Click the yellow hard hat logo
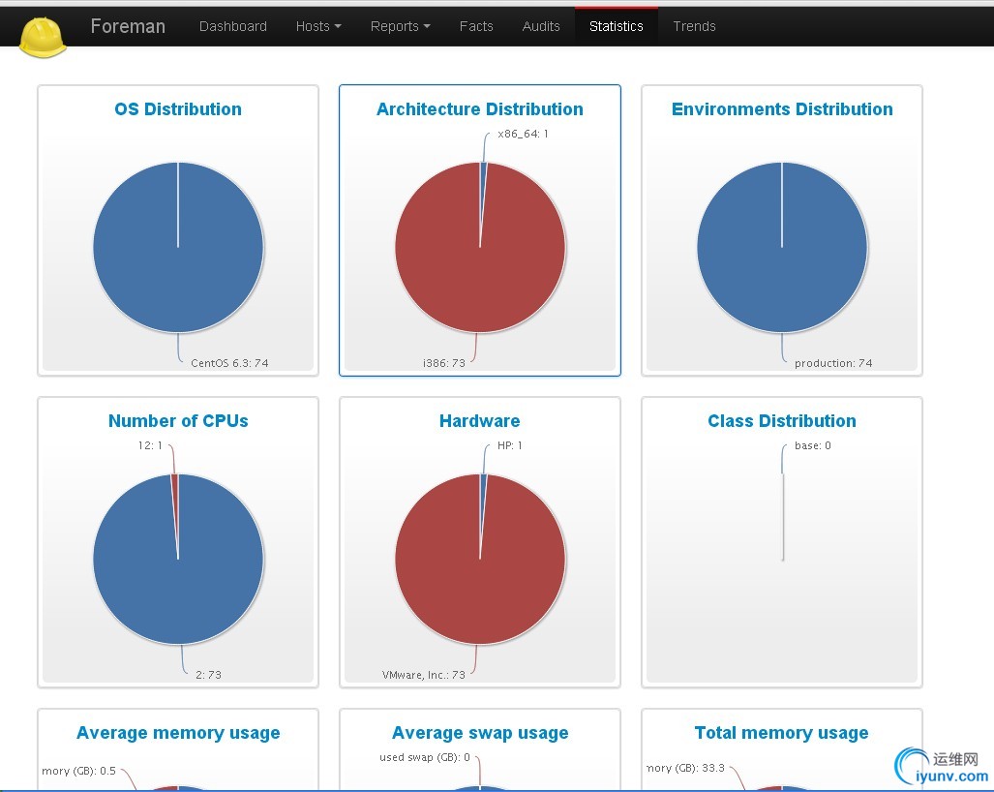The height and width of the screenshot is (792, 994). coord(44,37)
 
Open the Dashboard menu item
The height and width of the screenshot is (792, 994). coord(232,26)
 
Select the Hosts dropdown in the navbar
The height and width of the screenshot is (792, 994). coord(318,26)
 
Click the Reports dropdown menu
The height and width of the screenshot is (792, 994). coord(400,26)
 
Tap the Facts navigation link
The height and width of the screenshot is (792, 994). coord(476,26)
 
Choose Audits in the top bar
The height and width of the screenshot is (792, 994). coord(541,26)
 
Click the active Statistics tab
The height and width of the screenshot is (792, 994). coord(617,26)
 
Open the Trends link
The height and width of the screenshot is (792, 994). coord(694,26)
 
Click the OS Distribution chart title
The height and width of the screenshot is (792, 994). coord(178,109)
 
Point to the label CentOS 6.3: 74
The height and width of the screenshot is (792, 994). coord(229,363)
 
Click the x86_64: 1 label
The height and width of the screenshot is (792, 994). coord(523,134)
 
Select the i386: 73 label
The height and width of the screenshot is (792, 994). coord(444,363)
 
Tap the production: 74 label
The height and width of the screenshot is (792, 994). coord(833,363)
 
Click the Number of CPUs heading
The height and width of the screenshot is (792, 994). coord(178,421)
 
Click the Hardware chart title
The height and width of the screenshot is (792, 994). coord(480,421)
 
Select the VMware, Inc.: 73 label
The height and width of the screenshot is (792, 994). coord(424,675)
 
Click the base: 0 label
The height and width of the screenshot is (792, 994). coord(812,445)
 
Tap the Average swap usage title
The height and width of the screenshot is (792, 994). coord(480,733)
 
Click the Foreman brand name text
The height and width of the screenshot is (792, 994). coord(128,26)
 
